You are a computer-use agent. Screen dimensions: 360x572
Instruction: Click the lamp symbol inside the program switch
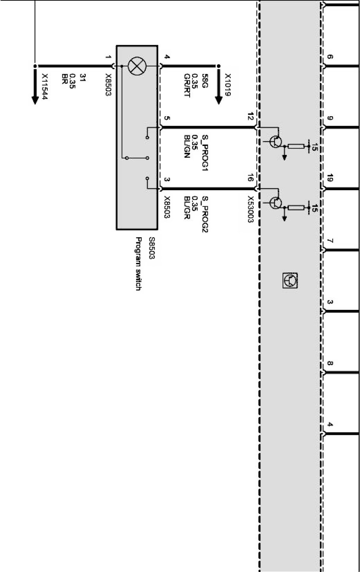tap(137, 66)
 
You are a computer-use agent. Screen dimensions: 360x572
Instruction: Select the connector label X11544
tap(45, 86)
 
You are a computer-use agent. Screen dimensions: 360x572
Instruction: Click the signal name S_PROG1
tap(205, 152)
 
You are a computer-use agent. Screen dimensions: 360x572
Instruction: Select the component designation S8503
tap(151, 248)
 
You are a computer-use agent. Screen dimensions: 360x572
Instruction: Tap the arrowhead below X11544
tap(35, 100)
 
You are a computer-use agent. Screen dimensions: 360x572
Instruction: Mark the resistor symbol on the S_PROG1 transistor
tap(296, 146)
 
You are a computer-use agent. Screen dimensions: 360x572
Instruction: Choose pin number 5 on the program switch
tap(167, 118)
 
